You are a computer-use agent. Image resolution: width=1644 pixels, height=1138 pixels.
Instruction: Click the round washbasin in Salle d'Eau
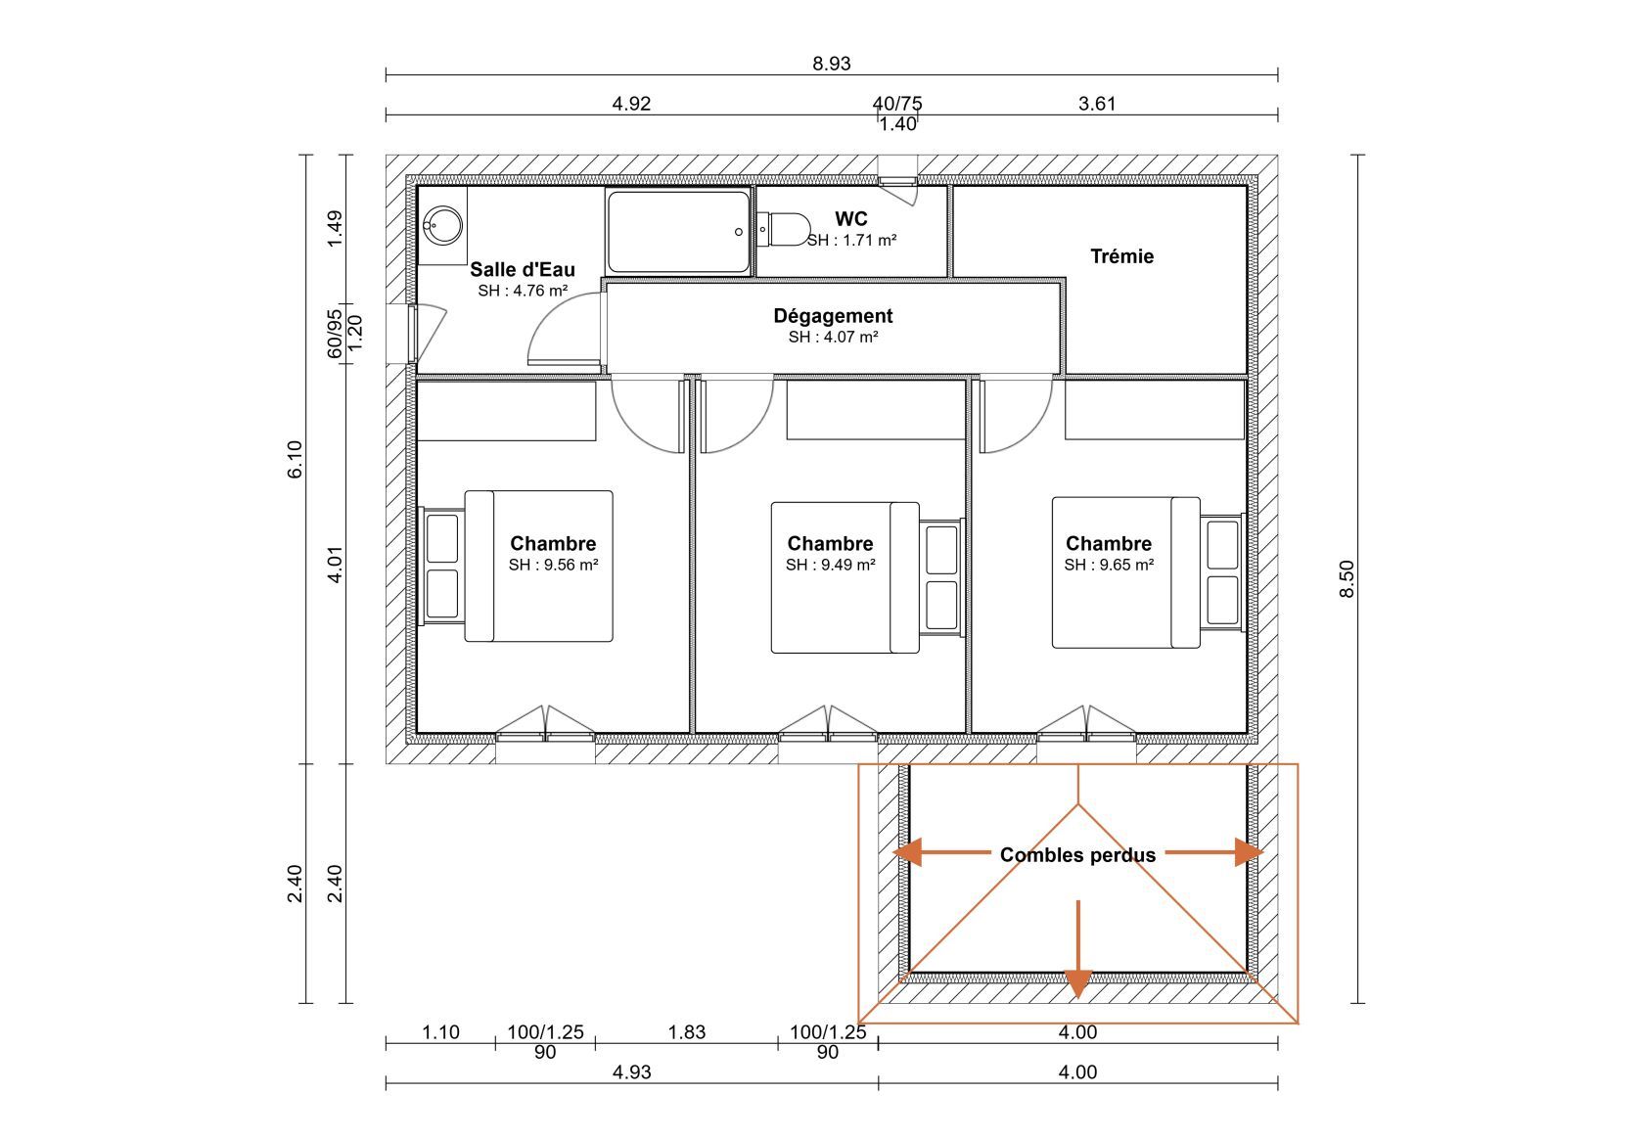[x=443, y=225]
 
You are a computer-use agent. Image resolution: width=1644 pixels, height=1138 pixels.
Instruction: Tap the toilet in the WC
[x=783, y=230]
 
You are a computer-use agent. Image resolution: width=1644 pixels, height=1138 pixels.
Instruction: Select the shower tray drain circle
[x=738, y=232]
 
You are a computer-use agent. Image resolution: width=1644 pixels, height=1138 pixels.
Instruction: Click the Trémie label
[x=1121, y=256]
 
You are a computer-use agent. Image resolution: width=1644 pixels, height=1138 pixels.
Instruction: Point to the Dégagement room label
[x=833, y=316]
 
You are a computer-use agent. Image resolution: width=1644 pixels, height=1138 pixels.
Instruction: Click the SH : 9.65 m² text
[x=1109, y=565]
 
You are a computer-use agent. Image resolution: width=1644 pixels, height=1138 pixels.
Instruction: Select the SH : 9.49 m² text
[x=830, y=565]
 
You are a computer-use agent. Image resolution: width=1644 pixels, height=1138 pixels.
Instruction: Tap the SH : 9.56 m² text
[x=554, y=565]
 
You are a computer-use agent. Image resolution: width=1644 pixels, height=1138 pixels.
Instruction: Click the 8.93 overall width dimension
[x=831, y=64]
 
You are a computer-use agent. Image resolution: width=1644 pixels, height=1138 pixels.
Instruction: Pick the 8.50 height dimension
[x=1347, y=579]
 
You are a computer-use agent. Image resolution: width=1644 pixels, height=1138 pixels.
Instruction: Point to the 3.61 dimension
[x=1096, y=104]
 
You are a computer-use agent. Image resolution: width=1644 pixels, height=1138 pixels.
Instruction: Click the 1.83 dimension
[x=686, y=1032]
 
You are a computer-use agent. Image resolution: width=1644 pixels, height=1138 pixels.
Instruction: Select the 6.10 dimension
[x=295, y=459]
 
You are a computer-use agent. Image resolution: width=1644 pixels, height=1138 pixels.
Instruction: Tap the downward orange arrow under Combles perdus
[x=1077, y=949]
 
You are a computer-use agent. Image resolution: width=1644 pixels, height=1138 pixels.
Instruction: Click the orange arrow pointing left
[x=941, y=852]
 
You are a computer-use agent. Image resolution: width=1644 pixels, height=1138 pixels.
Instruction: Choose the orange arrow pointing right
[x=1214, y=852]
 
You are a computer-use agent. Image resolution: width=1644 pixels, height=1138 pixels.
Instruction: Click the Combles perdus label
[x=1077, y=855]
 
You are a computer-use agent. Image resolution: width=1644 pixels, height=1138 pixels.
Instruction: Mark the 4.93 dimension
[x=631, y=1072]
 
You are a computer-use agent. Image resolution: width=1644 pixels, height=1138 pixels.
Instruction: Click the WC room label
[x=850, y=218]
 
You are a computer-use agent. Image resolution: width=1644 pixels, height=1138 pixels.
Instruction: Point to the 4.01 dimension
[x=335, y=565]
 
